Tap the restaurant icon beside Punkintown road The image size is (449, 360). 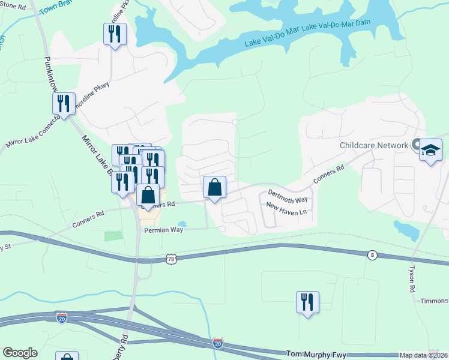point(63,104)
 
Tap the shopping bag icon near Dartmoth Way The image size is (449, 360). point(214,187)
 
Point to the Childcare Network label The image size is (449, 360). point(373,145)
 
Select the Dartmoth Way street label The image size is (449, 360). point(288,195)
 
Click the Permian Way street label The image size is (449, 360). point(163,230)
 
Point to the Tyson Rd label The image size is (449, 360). point(412,279)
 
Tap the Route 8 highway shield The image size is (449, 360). point(373,255)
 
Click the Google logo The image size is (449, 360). point(20,353)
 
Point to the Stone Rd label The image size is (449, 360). point(13,7)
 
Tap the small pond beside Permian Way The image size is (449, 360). point(182,224)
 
